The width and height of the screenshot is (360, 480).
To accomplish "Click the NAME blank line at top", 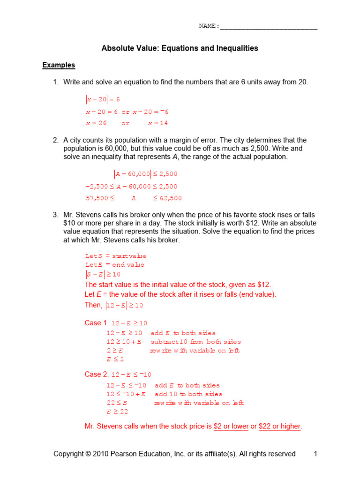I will click(x=268, y=27).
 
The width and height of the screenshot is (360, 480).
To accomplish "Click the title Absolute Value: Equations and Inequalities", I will click(x=180, y=48).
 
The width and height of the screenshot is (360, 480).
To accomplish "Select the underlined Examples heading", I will click(x=59, y=65).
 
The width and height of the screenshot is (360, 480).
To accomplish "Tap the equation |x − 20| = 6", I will click(x=103, y=99).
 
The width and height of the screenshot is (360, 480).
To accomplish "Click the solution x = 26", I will click(x=96, y=123).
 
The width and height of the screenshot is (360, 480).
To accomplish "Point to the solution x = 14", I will click(x=157, y=123).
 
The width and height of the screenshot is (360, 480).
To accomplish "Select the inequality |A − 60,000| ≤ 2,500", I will click(x=146, y=174).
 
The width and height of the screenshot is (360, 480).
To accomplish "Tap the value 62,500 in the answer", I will click(x=171, y=198).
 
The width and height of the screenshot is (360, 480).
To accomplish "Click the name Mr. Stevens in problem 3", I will click(x=82, y=215).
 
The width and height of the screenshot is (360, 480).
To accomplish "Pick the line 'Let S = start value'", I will click(x=115, y=256).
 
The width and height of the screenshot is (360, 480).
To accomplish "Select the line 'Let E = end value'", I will click(x=114, y=265).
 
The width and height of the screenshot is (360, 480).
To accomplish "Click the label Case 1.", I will click(x=96, y=323).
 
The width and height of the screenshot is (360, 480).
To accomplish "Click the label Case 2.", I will click(x=96, y=375).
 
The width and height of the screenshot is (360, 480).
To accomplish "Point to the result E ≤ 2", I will click(x=115, y=360).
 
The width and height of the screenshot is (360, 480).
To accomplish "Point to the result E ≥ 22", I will click(x=117, y=412).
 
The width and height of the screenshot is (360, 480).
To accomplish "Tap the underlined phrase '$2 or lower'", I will click(x=231, y=427).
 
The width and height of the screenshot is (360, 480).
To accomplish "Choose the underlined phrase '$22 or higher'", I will click(x=279, y=427).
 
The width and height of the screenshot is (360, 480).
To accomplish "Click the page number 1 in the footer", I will click(x=315, y=454).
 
